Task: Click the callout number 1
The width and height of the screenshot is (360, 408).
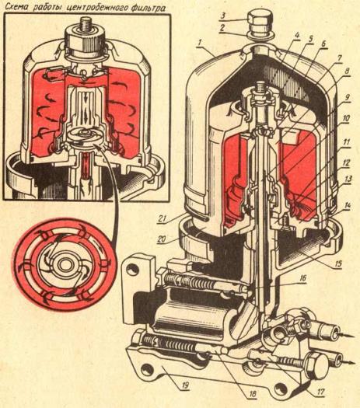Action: coord(200,43)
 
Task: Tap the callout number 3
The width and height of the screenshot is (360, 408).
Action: coord(223,16)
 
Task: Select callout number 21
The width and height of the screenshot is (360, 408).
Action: coord(163,218)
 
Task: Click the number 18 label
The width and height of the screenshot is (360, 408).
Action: coord(252,394)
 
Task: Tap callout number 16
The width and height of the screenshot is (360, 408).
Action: coord(302,278)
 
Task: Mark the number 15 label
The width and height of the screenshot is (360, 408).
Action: coord(338,264)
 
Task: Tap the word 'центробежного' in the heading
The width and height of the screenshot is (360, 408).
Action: coord(96,7)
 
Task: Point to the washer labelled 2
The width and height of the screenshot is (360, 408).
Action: coord(260,37)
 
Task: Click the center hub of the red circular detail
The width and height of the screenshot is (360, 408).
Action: coord(64,265)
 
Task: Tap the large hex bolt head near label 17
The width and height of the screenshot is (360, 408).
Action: coord(318,364)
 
